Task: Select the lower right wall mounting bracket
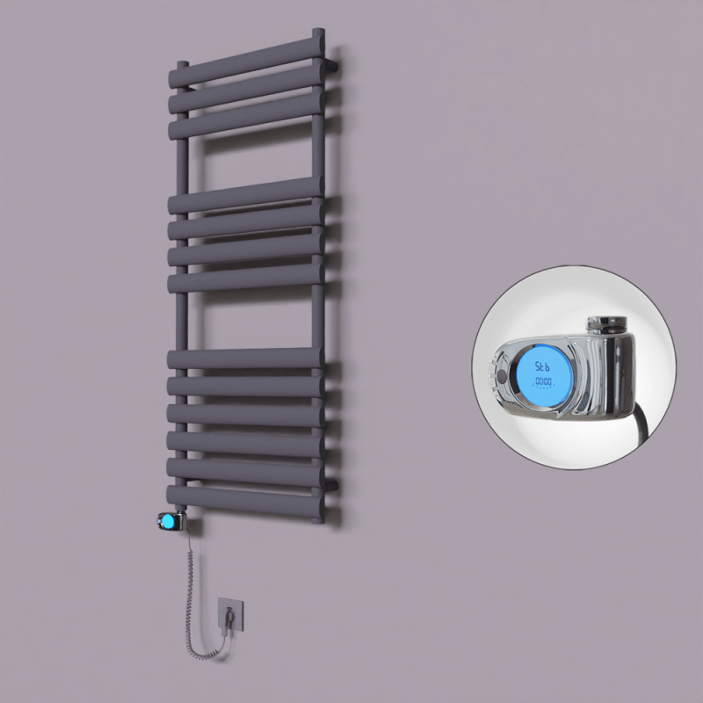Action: [x=334, y=482]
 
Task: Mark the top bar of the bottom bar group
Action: [x=246, y=359]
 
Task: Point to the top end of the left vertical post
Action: [x=182, y=66]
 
